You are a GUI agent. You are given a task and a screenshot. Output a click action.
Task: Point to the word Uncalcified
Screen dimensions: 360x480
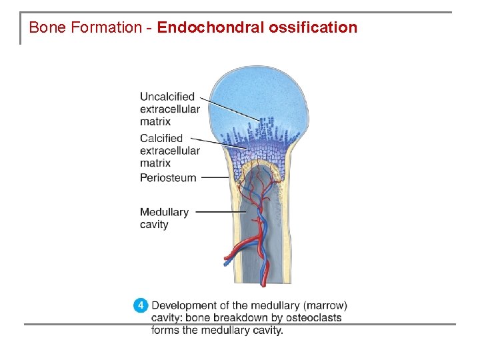click(x=167, y=97)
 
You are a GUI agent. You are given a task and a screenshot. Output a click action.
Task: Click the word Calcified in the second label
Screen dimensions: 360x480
click(x=161, y=138)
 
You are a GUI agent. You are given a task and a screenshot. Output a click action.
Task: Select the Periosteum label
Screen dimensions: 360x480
click(x=168, y=178)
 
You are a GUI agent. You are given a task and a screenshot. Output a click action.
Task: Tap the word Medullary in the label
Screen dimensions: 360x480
click(x=164, y=212)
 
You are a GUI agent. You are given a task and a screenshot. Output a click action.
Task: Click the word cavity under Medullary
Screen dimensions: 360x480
click(x=154, y=225)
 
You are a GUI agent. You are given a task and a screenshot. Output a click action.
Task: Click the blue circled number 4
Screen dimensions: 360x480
click(x=140, y=306)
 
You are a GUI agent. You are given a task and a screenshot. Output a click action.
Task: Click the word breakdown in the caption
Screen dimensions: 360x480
click(x=241, y=318)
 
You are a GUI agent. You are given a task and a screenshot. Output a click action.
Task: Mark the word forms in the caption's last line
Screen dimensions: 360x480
click(x=165, y=331)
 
